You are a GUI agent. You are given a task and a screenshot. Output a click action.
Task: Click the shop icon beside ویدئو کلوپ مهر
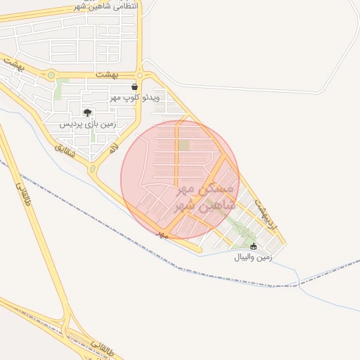point(134,87)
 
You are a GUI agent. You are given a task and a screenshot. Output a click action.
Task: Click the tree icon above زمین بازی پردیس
point(87,112)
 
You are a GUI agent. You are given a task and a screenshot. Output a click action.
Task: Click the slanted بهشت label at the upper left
point(12,62)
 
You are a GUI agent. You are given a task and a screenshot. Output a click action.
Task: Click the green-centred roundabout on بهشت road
point(51,75)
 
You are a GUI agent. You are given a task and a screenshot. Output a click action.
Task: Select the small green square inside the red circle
point(184,146)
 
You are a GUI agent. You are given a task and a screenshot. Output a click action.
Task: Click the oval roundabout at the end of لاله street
point(92,169)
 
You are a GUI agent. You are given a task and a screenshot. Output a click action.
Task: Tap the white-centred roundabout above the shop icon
point(141,75)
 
